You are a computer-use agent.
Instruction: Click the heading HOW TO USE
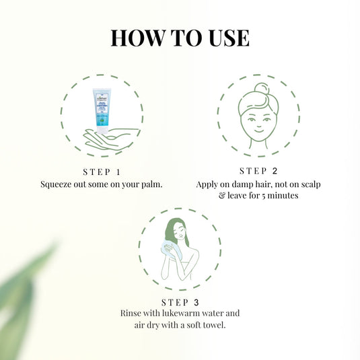[180, 37]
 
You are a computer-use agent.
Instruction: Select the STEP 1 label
[102, 171]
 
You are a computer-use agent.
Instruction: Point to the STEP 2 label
[258, 171]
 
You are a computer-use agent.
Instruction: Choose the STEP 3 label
[180, 301]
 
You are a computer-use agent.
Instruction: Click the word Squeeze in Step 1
[59, 184]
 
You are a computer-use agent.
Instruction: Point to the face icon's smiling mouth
[258, 133]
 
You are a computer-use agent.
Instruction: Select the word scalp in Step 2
[305, 184]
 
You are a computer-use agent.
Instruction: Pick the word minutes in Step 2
[283, 196]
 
